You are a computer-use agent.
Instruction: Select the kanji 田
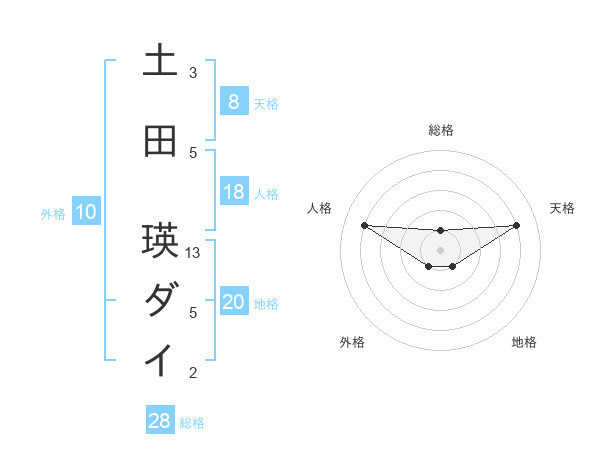160,142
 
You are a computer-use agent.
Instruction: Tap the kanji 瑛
160,241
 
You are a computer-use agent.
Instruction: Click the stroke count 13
194,253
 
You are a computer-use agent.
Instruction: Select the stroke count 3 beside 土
193,73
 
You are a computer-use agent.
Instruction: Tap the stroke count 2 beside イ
193,373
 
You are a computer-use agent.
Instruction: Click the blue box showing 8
233,101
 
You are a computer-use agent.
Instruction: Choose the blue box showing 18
233,192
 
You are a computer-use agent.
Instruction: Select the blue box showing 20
233,302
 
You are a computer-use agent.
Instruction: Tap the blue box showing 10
86,212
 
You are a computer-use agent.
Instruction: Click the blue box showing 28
159,421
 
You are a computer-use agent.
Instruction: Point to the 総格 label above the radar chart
440,130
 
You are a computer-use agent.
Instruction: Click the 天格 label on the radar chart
563,208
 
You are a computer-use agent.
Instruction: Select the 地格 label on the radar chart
524,342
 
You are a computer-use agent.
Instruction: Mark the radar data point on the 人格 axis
364,225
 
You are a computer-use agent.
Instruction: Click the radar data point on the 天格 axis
516,224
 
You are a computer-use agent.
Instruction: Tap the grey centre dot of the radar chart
440,250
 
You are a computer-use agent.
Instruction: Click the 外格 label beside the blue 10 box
53,213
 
